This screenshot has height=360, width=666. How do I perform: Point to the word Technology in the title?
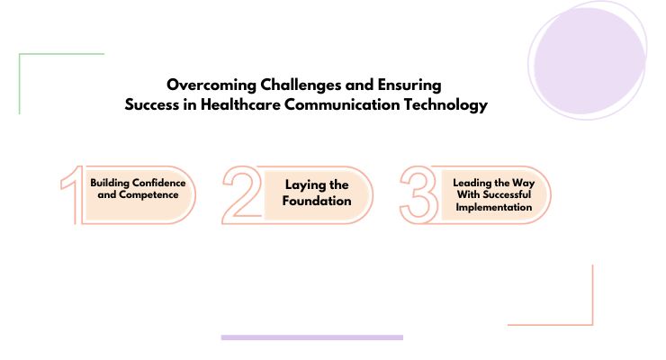[442, 105]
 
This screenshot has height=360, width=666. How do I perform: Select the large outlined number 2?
[241, 193]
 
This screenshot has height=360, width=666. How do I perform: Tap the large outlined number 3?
[418, 193]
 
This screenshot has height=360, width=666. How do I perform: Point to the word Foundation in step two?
[316, 201]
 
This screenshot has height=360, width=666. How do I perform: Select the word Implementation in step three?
[492, 207]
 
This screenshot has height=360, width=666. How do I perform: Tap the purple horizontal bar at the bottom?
[311, 337]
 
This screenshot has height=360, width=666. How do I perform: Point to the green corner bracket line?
[20, 81]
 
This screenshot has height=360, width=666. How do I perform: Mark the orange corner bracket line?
[592, 297]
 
